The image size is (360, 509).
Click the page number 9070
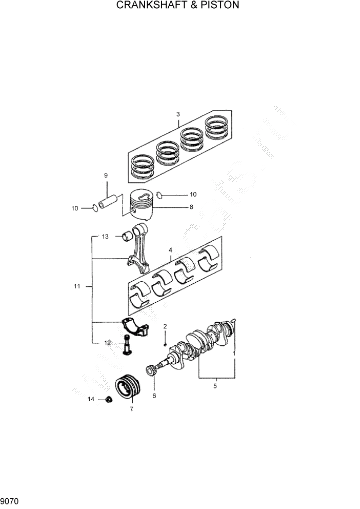[x=10, y=500]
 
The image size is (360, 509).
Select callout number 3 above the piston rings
[x=177, y=114]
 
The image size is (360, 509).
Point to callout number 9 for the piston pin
[x=106, y=176]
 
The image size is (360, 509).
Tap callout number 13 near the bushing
[x=105, y=237]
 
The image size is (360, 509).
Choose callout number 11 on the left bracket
[x=76, y=286]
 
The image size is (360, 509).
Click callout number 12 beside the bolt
[x=108, y=343]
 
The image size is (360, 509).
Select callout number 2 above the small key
[x=165, y=326]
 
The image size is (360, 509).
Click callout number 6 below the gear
[x=154, y=395]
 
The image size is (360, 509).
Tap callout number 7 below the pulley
[x=131, y=409]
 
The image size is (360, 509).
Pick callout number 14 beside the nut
[x=90, y=399]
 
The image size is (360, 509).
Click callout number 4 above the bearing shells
[x=170, y=250]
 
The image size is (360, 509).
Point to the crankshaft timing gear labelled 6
[x=151, y=370]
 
